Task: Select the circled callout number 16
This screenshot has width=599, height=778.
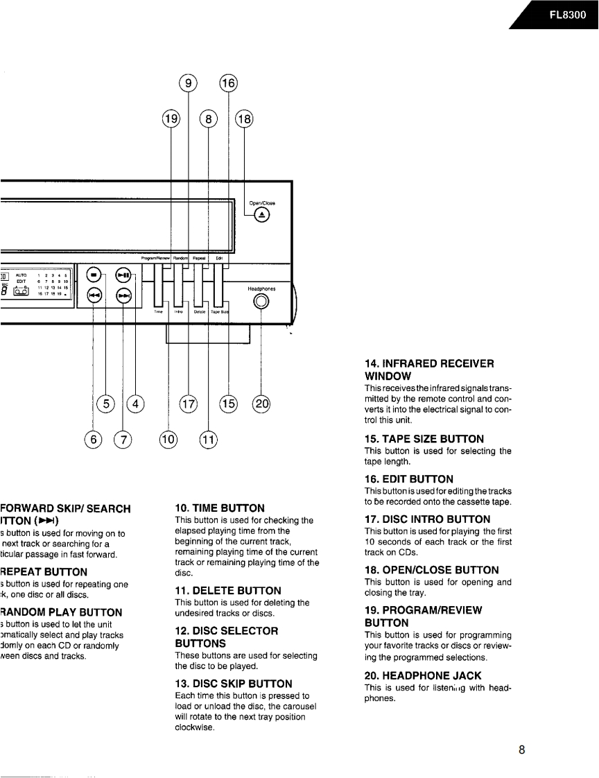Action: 228,84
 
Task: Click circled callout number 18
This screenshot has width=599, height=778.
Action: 244,120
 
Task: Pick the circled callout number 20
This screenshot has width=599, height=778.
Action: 261,404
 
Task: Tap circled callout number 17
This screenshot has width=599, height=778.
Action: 188,404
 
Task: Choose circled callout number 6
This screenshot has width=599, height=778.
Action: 93,440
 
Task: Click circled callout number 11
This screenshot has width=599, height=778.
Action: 208,440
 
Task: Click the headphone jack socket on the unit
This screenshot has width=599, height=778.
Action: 261,302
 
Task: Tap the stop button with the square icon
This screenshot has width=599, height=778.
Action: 94,275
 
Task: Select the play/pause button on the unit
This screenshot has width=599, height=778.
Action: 123,275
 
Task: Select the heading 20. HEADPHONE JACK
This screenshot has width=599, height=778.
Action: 423,675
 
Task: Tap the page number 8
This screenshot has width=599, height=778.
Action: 521,750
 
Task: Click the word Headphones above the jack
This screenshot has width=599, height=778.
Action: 261,288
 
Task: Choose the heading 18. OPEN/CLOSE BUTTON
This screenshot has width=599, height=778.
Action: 431,570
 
